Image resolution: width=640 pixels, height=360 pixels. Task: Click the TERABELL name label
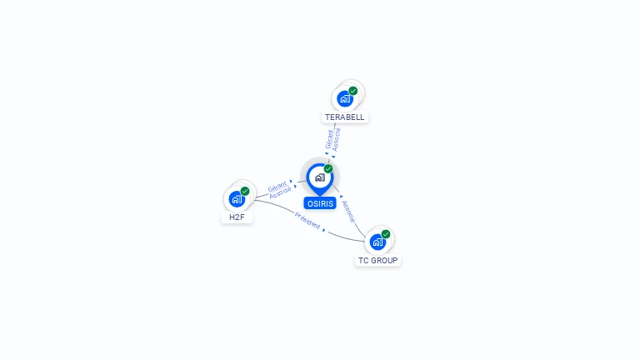click(x=345, y=117)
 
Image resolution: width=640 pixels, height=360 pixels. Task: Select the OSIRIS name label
click(x=319, y=203)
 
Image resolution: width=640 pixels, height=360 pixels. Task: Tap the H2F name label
click(x=237, y=217)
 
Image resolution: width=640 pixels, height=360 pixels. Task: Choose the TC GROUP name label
click(x=378, y=261)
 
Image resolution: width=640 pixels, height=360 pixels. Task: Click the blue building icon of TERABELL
click(x=344, y=98)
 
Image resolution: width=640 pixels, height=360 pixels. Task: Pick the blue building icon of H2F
click(x=237, y=199)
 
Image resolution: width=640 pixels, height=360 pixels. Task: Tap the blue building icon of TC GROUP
click(x=377, y=242)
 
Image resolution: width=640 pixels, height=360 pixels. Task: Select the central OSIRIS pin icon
click(x=319, y=177)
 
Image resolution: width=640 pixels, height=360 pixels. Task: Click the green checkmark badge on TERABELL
click(x=353, y=91)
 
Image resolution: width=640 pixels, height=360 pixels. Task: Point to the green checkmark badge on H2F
click(x=245, y=192)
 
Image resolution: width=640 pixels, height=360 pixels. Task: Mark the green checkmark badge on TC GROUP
click(x=386, y=234)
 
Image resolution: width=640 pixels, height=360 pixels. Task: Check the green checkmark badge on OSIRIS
click(x=328, y=169)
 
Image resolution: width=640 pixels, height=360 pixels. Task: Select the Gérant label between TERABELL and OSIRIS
click(x=329, y=138)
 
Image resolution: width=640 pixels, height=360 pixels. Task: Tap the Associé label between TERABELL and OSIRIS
click(x=337, y=139)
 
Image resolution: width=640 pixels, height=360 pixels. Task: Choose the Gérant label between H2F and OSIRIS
click(x=277, y=186)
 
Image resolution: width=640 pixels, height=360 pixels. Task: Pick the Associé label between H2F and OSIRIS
click(x=280, y=192)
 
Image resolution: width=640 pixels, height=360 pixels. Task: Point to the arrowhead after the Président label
click(x=323, y=229)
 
